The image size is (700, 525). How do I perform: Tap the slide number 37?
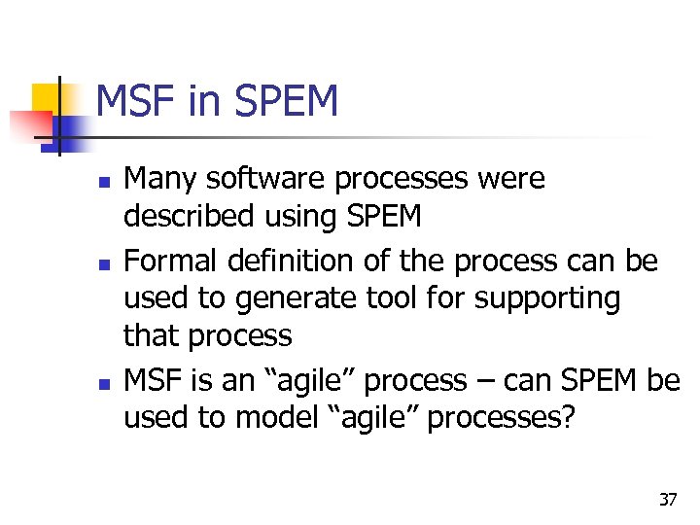667,500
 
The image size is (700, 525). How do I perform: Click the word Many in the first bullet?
157,179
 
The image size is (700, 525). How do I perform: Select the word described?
183,216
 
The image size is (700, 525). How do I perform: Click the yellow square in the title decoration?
47,98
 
